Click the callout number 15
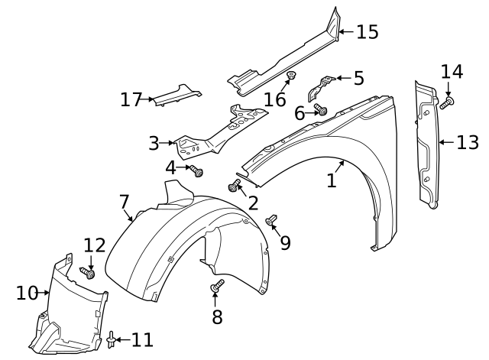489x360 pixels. pos(368,32)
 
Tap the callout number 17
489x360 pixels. pos(131,99)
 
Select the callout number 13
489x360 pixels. pos(468,141)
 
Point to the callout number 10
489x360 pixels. pos(27,292)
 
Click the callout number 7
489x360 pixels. pos(125,202)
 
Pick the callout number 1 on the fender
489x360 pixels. pos(331,180)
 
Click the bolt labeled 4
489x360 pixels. pos(198,171)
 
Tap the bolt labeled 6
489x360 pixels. pos(322,111)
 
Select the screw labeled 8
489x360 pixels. pos(216,287)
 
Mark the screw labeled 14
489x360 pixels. pos(448,100)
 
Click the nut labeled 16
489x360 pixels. pos(291,76)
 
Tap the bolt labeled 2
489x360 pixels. pos(234,185)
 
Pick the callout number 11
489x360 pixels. pos(142,339)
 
